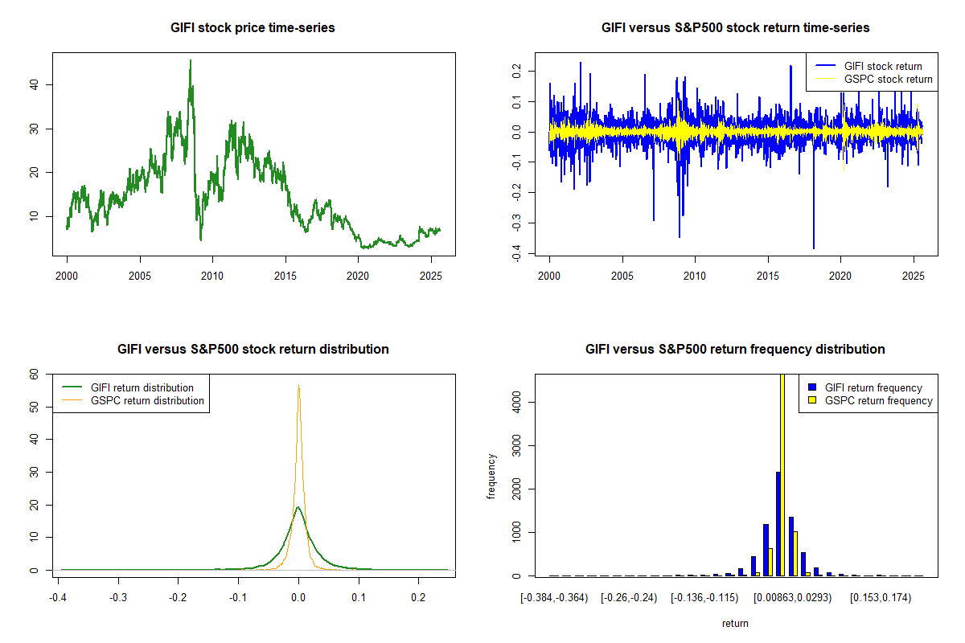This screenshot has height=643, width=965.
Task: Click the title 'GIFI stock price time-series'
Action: pyautogui.click(x=253, y=28)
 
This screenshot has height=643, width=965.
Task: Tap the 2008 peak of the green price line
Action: pyautogui.click(x=191, y=60)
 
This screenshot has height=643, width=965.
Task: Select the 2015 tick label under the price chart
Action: pyautogui.click(x=285, y=273)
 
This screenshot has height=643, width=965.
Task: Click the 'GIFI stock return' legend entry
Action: pyautogui.click(x=883, y=66)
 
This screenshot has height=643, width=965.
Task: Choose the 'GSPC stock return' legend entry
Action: pyautogui.click(x=888, y=80)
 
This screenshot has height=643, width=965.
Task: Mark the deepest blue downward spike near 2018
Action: pyautogui.click(x=814, y=248)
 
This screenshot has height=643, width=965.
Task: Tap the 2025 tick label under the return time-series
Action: pyautogui.click(x=914, y=273)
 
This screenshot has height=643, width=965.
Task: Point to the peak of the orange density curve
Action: pyautogui.click(x=298, y=387)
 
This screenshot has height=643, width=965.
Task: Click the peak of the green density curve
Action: pyautogui.click(x=298, y=507)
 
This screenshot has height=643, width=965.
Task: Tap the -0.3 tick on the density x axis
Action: pyautogui.click(x=118, y=598)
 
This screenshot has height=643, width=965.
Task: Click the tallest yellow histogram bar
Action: pyautogui.click(x=782, y=474)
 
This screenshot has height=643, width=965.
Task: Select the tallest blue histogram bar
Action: pyautogui.click(x=777, y=522)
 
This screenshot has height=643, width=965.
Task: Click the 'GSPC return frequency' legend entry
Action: pyautogui.click(x=878, y=400)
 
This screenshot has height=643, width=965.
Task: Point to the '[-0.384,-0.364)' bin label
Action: pyautogui.click(x=554, y=598)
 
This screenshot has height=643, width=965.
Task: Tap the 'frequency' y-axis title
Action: pyautogui.click(x=491, y=476)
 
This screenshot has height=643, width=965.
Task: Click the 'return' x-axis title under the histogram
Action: pyautogui.click(x=735, y=624)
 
